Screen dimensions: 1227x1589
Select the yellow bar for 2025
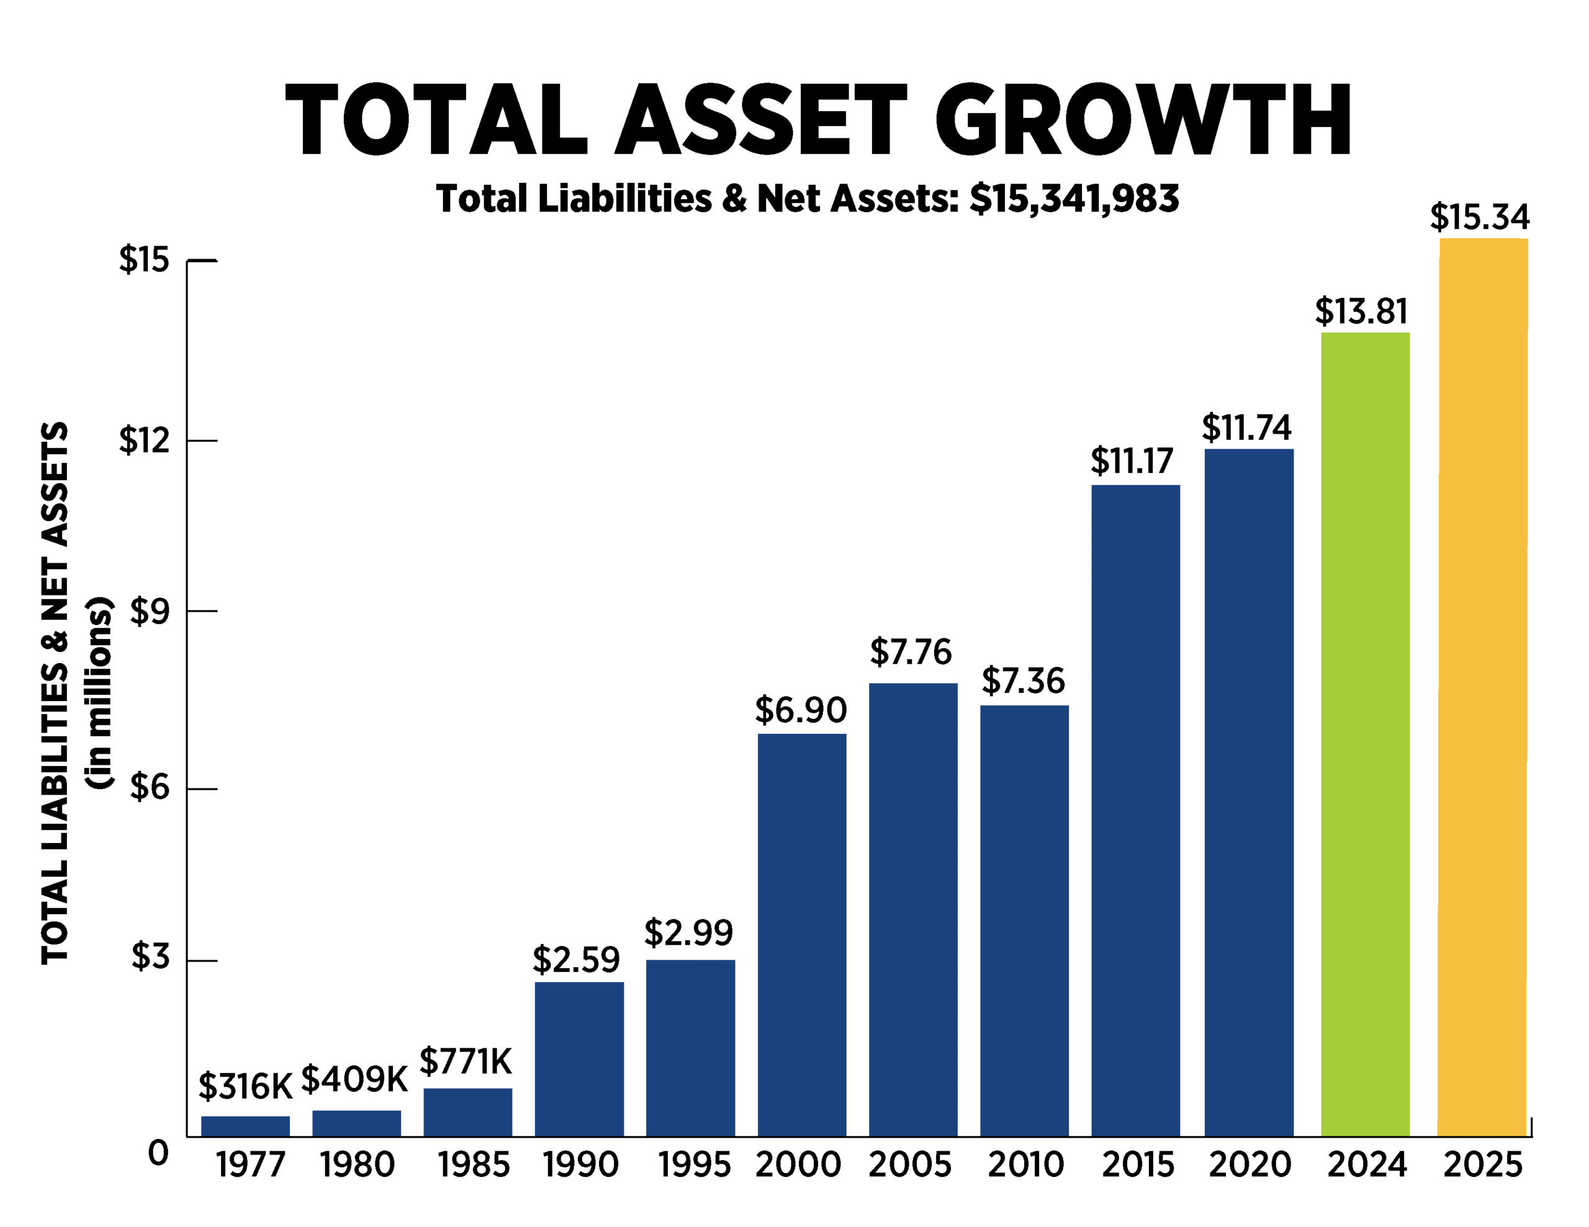coord(1483,687)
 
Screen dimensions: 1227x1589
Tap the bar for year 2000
coord(802,935)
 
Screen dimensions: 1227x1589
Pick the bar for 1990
coord(579,1059)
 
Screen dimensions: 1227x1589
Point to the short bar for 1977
coord(245,1125)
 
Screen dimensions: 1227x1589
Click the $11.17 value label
coord(1132,461)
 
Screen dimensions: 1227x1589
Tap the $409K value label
coord(354,1079)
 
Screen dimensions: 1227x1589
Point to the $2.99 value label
coord(688,933)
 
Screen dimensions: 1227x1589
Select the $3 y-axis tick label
coord(150,957)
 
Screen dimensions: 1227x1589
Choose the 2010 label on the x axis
coord(1025,1165)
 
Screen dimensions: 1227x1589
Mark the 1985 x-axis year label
coord(474,1165)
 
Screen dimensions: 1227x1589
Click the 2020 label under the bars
coord(1250,1165)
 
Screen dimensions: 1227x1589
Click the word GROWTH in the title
coord(1144,120)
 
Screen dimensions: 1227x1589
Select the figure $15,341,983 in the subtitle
coord(1074,199)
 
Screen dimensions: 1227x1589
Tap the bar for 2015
coord(1136,810)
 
